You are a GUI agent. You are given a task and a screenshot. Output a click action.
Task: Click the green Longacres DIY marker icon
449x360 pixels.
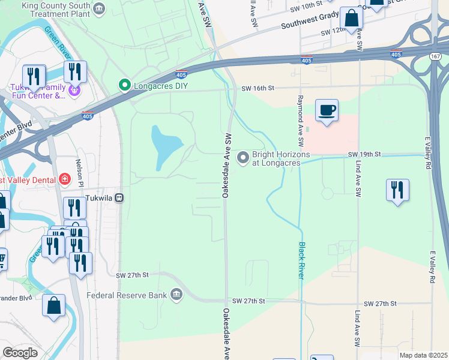(125, 85)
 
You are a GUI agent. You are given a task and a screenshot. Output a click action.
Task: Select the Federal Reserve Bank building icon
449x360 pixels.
(176, 295)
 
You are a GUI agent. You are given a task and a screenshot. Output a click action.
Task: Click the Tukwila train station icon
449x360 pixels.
(119, 197)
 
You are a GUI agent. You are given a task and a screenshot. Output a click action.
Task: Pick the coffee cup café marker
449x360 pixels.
(327, 110)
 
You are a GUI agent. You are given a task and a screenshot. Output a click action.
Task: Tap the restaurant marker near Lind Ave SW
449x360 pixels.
(397, 190)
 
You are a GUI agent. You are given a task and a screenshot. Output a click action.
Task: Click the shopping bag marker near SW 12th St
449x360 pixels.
(351, 18)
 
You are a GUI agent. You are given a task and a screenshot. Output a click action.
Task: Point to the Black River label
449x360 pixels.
(302, 260)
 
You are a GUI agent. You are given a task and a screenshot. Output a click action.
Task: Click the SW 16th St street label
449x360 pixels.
(258, 88)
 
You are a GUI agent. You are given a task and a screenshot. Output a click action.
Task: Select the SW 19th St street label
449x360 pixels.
(364, 154)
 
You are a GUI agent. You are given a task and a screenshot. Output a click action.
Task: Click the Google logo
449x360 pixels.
(20, 352)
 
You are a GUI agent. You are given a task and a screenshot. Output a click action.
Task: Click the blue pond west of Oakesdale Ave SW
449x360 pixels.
(165, 147)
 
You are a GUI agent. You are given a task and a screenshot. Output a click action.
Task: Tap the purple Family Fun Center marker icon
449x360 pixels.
(74, 91)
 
